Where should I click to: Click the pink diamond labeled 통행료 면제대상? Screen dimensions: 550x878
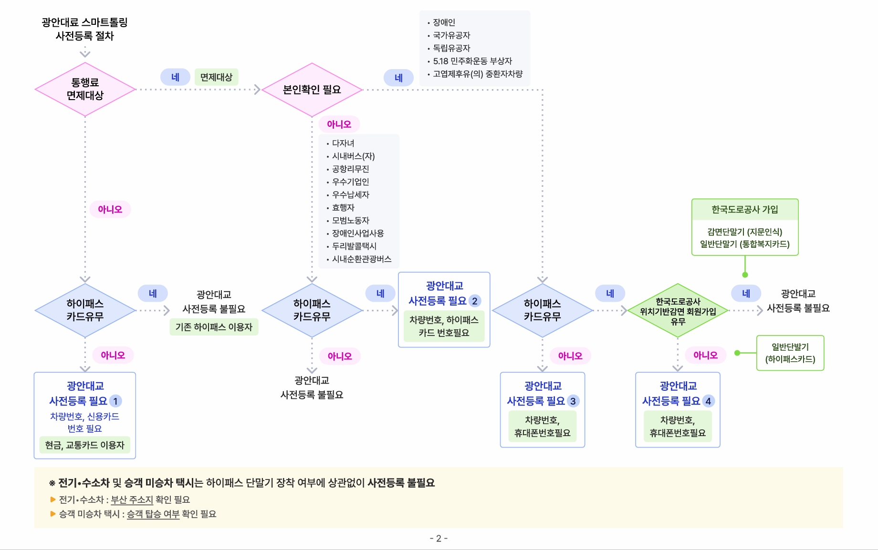85,89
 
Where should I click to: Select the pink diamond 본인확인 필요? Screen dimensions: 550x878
312,90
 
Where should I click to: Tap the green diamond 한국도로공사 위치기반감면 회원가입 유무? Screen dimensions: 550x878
678,311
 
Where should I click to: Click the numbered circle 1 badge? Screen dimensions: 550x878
115,401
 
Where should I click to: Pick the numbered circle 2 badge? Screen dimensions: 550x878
475,301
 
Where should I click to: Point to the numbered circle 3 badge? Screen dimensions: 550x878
573,401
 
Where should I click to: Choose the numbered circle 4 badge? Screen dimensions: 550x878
708,401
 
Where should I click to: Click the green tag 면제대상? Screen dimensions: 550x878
216,77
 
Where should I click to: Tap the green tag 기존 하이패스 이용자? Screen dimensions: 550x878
214,327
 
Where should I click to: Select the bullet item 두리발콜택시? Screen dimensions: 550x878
354,246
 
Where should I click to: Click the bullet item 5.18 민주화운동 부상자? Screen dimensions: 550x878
472,61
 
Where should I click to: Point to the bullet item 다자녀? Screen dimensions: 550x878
343,143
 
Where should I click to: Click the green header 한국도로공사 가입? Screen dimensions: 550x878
744,210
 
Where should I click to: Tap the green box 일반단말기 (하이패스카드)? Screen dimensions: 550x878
790,353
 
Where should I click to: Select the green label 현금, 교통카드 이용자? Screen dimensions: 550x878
84,445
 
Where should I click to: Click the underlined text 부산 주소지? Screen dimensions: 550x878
132,499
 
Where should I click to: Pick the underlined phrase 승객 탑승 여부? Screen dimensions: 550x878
153,514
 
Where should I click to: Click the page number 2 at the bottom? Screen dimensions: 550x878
439,539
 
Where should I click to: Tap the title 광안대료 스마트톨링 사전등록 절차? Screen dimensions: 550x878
84,29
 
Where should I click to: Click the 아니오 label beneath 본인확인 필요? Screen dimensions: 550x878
339,124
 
